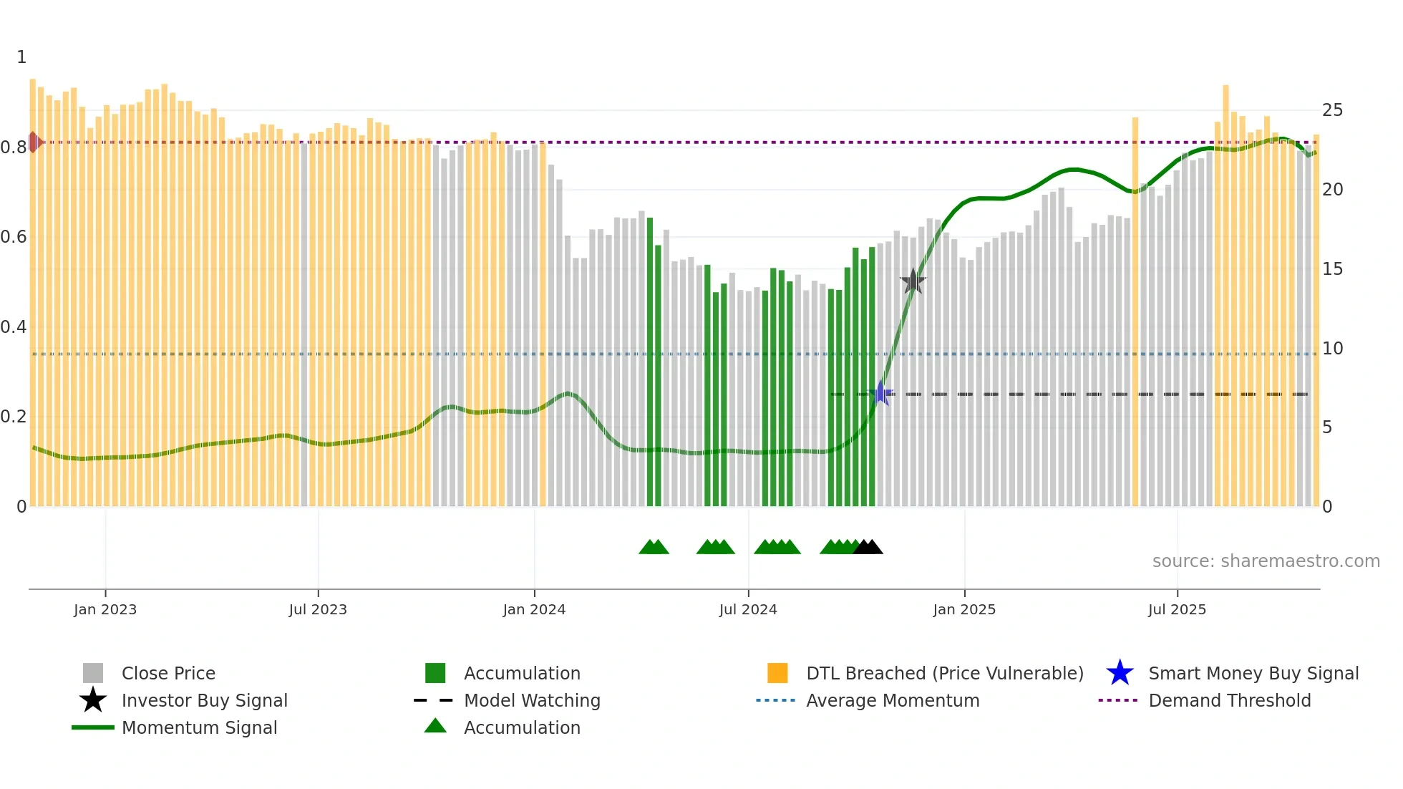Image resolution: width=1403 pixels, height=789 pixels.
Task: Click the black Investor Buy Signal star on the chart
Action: (913, 281)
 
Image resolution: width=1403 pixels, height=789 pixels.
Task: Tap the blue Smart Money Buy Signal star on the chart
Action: (881, 393)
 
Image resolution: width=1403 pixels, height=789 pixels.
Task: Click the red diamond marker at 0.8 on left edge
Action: (34, 142)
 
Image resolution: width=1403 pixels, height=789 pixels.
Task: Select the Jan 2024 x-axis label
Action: (534, 609)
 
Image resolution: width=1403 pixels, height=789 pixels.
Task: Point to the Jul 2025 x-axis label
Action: (1177, 609)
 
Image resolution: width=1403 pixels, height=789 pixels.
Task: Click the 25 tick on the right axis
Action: (1332, 110)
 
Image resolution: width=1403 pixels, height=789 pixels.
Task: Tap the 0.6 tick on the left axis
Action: (14, 237)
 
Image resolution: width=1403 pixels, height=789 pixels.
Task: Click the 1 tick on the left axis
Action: (21, 57)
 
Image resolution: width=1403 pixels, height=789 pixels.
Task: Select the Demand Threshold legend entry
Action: (1229, 700)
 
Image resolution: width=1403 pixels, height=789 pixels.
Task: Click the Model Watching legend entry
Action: (532, 700)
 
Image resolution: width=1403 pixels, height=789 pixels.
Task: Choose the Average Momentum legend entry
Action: (892, 700)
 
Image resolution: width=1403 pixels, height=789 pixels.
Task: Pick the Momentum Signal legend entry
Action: (199, 727)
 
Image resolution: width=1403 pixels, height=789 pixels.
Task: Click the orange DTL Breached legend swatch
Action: (777, 673)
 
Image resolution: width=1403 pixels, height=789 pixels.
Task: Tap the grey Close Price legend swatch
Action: (93, 673)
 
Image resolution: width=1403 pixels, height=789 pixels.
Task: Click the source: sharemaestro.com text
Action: (1266, 561)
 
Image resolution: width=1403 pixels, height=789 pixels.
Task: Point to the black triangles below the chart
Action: (868, 547)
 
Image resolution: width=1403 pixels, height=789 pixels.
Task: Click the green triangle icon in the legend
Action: (435, 726)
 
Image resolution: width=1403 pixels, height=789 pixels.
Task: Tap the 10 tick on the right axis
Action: (1332, 349)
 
